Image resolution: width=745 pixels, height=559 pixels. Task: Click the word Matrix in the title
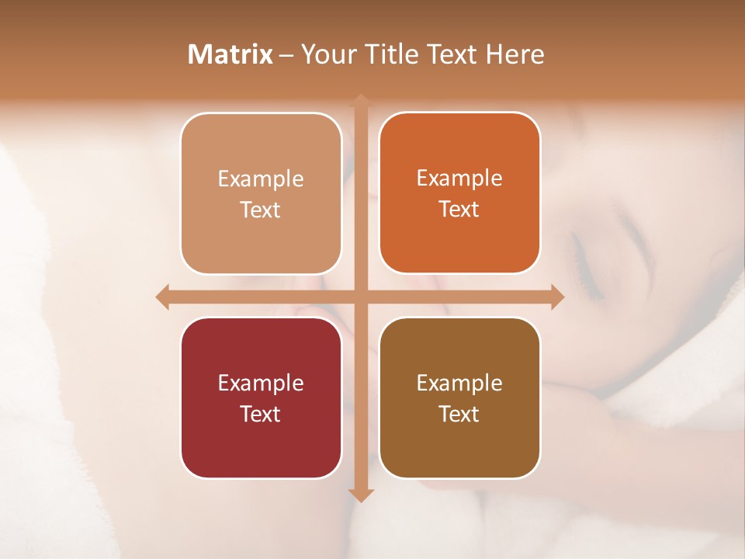[x=230, y=54]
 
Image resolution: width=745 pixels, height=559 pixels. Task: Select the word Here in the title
[x=515, y=54]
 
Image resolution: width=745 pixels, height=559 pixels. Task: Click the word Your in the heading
[x=325, y=54]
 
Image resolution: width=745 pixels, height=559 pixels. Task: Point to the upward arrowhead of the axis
[x=361, y=100]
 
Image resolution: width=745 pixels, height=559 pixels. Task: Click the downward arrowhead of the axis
[x=361, y=495]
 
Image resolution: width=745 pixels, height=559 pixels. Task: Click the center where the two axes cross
[x=361, y=297]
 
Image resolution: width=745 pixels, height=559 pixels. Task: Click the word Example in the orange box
[x=459, y=179]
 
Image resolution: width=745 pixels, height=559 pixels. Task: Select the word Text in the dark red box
[x=260, y=414]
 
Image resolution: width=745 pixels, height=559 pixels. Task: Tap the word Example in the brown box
[x=459, y=383]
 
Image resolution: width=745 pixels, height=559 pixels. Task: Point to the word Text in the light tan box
[x=260, y=210]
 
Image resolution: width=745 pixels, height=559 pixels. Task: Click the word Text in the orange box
[x=459, y=209]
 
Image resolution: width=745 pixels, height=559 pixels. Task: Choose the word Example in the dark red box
[x=261, y=383]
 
